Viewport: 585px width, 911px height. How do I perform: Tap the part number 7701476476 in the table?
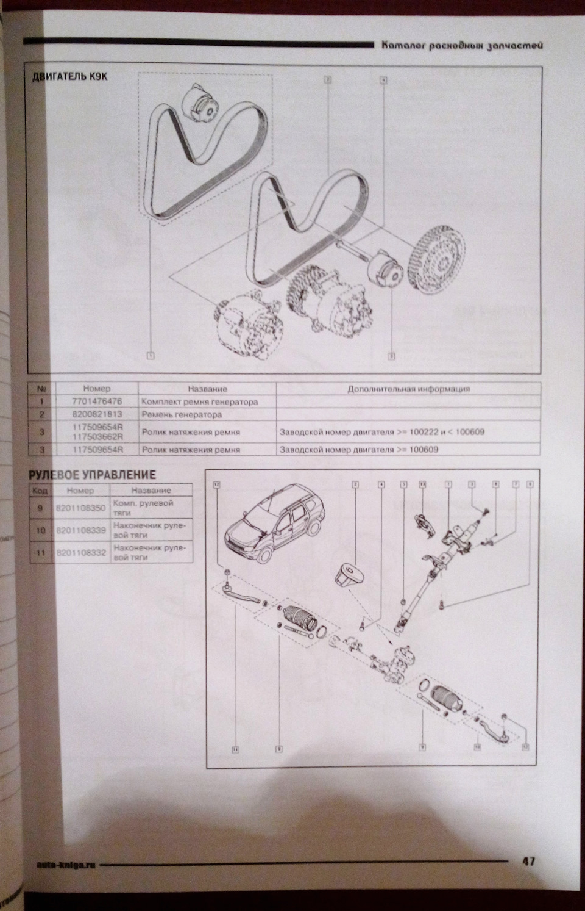pyautogui.click(x=96, y=402)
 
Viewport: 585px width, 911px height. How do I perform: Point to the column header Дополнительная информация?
pyautogui.click(x=408, y=389)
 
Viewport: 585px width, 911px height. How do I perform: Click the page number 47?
pyautogui.click(x=528, y=861)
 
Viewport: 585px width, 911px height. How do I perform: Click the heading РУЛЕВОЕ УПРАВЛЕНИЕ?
pyautogui.click(x=93, y=474)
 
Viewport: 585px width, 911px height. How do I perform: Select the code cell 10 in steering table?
pyautogui.click(x=40, y=531)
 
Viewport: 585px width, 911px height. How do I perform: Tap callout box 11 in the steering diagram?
pyautogui.click(x=234, y=747)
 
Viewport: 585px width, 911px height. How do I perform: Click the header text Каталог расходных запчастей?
pyautogui.click(x=458, y=46)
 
